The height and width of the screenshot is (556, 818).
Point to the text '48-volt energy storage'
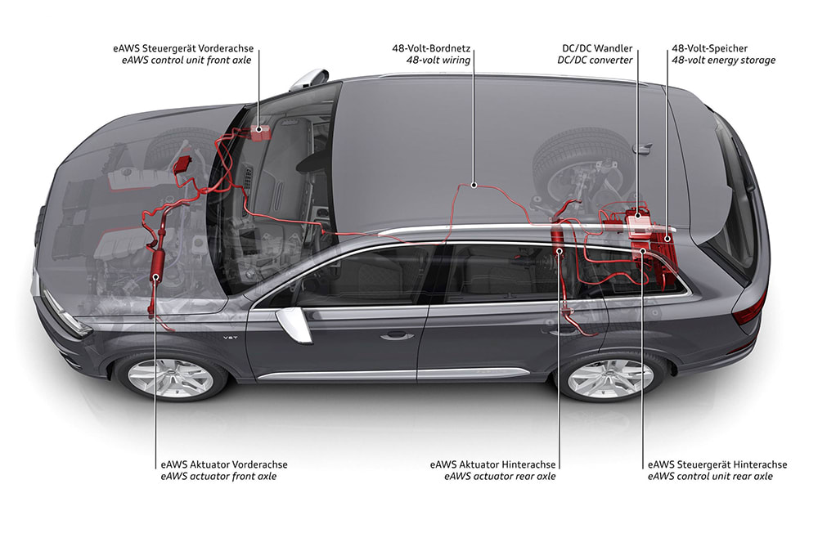[724, 61]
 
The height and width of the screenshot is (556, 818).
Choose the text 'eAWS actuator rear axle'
[500, 476]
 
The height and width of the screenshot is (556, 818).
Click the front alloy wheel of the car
[170, 376]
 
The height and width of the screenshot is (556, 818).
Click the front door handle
[397, 334]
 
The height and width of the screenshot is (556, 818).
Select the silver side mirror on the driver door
[293, 325]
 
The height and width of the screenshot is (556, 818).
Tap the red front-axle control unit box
[261, 132]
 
